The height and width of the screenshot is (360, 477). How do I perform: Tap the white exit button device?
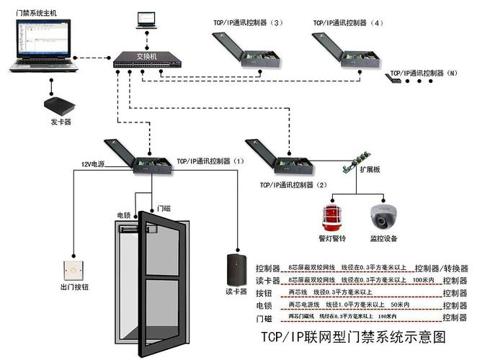(72, 270)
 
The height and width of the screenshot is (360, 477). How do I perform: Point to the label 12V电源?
(92, 165)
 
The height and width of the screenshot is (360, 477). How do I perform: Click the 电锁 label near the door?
(123, 215)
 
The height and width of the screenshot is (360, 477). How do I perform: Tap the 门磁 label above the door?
(164, 209)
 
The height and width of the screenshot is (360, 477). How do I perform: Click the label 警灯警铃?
(332, 238)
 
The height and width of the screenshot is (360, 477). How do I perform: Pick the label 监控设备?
(383, 238)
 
